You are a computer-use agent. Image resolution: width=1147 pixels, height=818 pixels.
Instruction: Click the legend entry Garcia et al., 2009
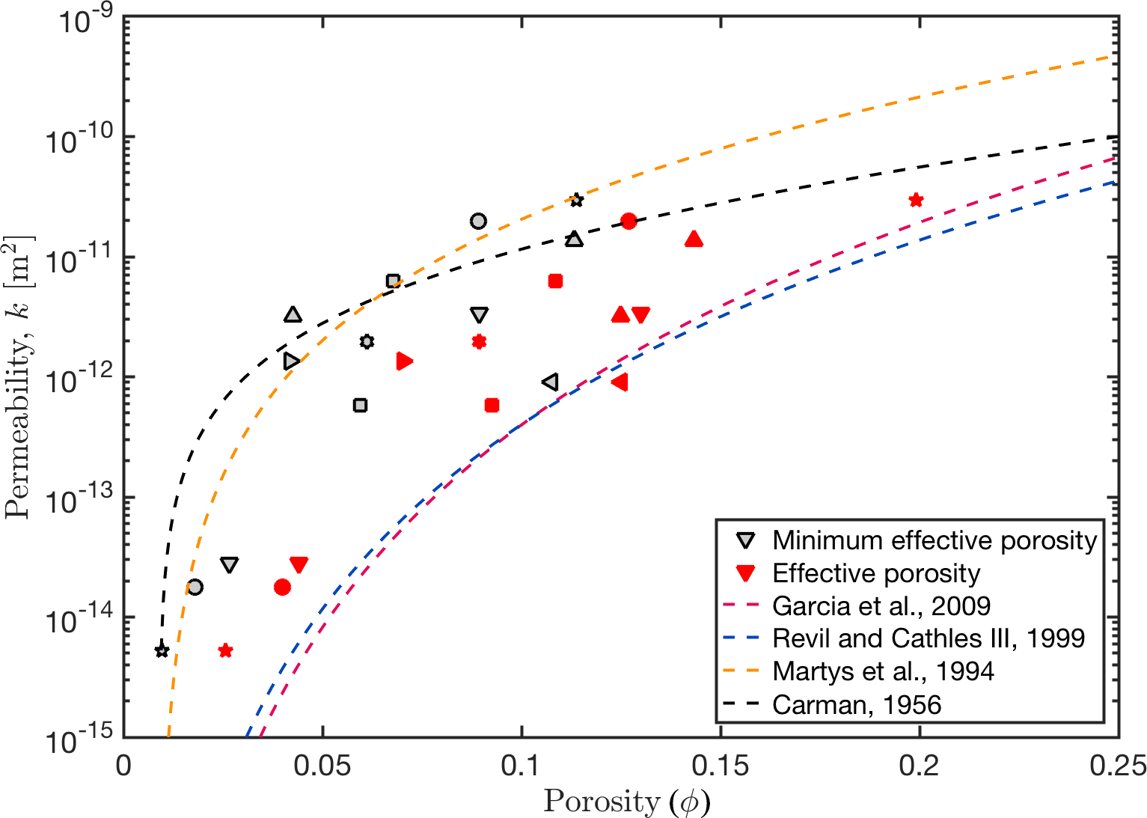881,605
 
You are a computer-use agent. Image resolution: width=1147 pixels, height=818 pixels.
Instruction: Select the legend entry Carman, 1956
857,704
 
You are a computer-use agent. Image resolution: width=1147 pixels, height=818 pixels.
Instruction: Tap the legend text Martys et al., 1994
883,671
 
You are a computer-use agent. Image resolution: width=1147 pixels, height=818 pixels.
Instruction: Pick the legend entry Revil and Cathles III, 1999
929,638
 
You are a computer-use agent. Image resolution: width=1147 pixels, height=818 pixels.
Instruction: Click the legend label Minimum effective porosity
935,540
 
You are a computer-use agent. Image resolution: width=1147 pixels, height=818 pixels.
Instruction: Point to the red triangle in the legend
745,573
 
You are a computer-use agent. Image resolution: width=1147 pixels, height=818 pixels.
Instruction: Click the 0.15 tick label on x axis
721,766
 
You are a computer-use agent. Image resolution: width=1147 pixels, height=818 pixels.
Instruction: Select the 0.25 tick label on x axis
1119,766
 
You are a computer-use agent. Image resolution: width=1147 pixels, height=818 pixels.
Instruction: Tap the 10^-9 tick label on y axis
85,20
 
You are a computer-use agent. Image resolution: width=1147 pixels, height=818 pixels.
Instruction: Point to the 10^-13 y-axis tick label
79,500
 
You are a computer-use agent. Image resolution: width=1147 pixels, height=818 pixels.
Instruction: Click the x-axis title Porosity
626,802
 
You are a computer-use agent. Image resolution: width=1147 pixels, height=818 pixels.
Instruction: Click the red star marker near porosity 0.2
916,200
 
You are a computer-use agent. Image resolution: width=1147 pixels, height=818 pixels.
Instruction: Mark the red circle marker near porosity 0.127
628,221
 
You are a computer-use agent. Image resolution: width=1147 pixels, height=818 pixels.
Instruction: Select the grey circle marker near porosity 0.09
478,221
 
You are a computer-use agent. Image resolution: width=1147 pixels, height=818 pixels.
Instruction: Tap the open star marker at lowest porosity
162,650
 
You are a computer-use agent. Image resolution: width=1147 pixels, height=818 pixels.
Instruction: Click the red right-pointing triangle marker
405,361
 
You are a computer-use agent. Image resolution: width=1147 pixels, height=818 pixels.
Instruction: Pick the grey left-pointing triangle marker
550,382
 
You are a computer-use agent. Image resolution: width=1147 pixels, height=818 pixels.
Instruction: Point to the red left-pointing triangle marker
620,382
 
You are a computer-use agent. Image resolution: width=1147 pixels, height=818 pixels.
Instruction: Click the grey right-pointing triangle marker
292,361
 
